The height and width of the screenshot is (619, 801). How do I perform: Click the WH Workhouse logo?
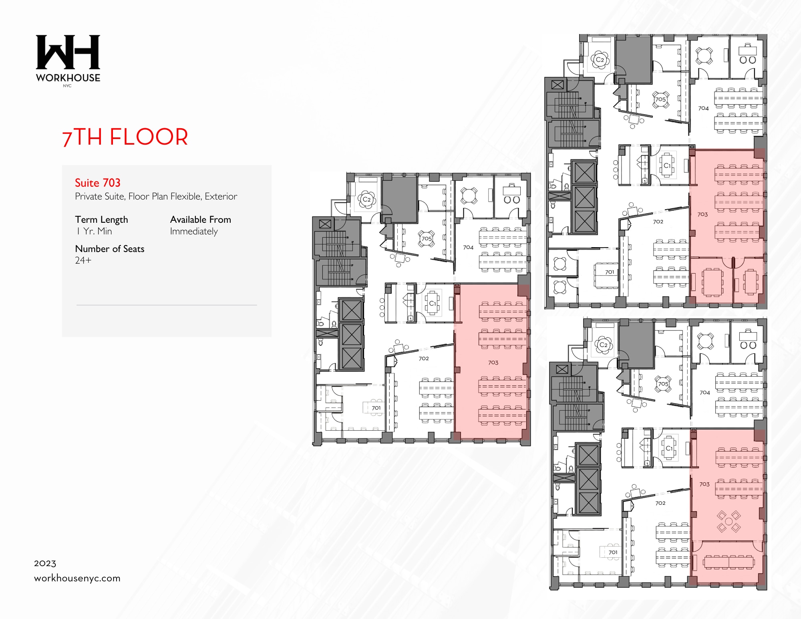[x=68, y=60]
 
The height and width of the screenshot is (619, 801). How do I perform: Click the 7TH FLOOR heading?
[x=125, y=137]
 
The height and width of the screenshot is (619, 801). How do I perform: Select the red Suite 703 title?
[x=97, y=183]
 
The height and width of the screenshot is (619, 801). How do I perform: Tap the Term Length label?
[x=101, y=220]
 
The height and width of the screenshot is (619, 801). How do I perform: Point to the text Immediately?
[x=194, y=231]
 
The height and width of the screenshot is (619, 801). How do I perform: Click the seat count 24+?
[x=83, y=260]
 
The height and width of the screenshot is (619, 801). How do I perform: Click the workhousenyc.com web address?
[x=77, y=578]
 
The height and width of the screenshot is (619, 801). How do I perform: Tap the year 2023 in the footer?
[x=45, y=563]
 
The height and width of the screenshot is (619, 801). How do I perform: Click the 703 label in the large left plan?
[x=493, y=363]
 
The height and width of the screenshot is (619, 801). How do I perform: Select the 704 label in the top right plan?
[x=703, y=108]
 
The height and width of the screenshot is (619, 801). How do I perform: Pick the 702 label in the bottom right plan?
[x=660, y=503]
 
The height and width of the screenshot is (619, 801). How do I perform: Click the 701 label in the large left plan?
[x=376, y=408]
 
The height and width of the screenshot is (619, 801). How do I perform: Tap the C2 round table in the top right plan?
[x=600, y=60]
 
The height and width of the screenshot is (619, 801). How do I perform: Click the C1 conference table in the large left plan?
[x=432, y=304]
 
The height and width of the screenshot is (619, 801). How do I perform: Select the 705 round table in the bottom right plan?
[x=663, y=384]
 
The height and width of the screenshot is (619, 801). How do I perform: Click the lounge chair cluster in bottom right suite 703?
[x=729, y=521]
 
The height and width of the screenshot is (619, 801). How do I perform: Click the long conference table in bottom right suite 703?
[x=729, y=562]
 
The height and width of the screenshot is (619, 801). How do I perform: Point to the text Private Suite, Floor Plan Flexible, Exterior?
[x=156, y=196]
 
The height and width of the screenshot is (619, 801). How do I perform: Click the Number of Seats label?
[x=109, y=249]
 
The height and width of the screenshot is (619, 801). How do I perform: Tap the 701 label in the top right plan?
[x=609, y=272]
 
